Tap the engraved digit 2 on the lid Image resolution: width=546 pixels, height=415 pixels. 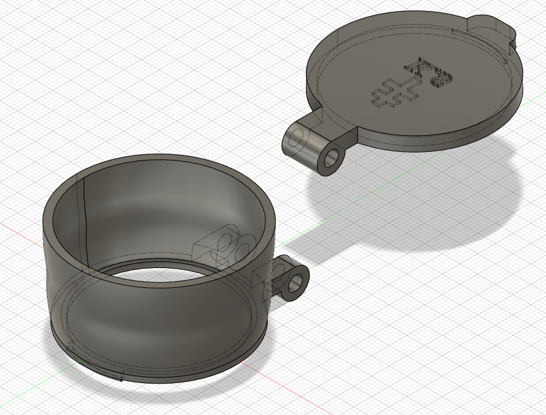tap(442, 80)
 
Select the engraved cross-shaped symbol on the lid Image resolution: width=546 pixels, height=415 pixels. tap(394, 93)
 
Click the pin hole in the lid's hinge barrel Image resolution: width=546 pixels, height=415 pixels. tap(333, 158)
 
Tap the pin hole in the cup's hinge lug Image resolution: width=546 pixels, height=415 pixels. tap(297, 282)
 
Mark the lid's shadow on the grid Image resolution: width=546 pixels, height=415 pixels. tap(419, 203)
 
